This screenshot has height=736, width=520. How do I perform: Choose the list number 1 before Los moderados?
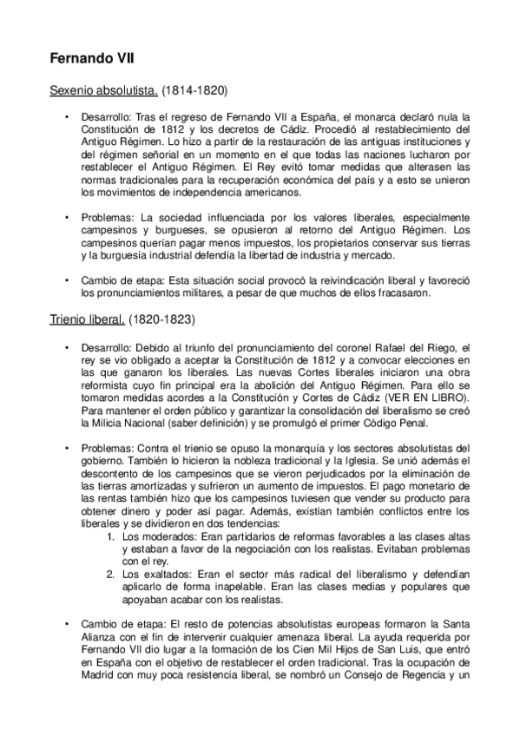[109, 538]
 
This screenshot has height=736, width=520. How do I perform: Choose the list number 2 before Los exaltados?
[109, 575]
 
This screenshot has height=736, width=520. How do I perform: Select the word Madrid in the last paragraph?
[96, 700]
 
